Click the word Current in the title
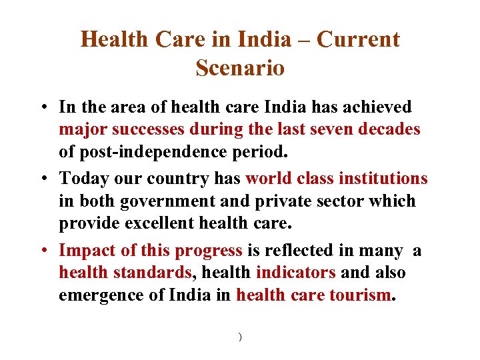[358, 40]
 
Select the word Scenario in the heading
[240, 68]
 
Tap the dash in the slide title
[304, 40]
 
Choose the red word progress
[208, 251]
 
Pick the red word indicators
[295, 273]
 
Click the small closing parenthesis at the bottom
[239, 337]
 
